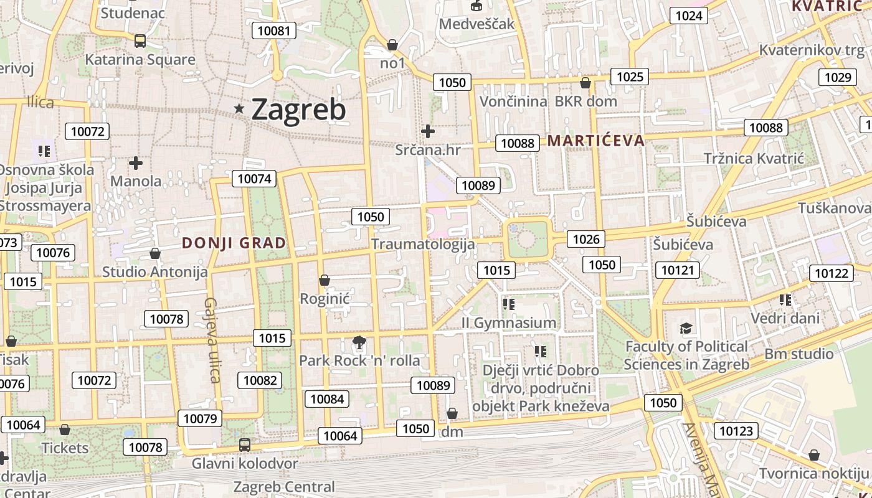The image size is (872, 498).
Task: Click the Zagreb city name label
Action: [x=298, y=110]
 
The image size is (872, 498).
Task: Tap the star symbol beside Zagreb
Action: [x=239, y=109]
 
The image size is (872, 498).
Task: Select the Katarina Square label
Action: [x=140, y=60]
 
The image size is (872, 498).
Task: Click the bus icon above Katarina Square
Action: [x=140, y=41]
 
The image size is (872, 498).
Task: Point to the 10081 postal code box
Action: [x=273, y=31]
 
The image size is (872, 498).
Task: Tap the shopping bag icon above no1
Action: [x=392, y=45]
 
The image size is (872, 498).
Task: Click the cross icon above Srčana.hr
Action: [x=428, y=131]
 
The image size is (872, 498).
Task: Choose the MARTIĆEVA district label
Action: [x=596, y=141]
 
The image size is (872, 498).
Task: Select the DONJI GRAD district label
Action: [x=234, y=243]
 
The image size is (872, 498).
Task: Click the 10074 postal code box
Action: [x=255, y=179]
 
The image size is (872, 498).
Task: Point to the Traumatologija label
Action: [x=423, y=244]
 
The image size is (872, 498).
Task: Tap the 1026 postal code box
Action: [x=586, y=239]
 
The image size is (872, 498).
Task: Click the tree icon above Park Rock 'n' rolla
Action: [x=359, y=342]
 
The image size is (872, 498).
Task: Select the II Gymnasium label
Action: [x=509, y=322]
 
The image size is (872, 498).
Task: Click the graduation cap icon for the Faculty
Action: [x=686, y=328]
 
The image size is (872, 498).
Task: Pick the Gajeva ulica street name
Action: [x=212, y=339]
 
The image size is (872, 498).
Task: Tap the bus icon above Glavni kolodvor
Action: [x=245, y=445]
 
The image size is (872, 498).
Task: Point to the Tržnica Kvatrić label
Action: [x=754, y=158]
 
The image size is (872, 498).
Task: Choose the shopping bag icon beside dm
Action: [x=452, y=414]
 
